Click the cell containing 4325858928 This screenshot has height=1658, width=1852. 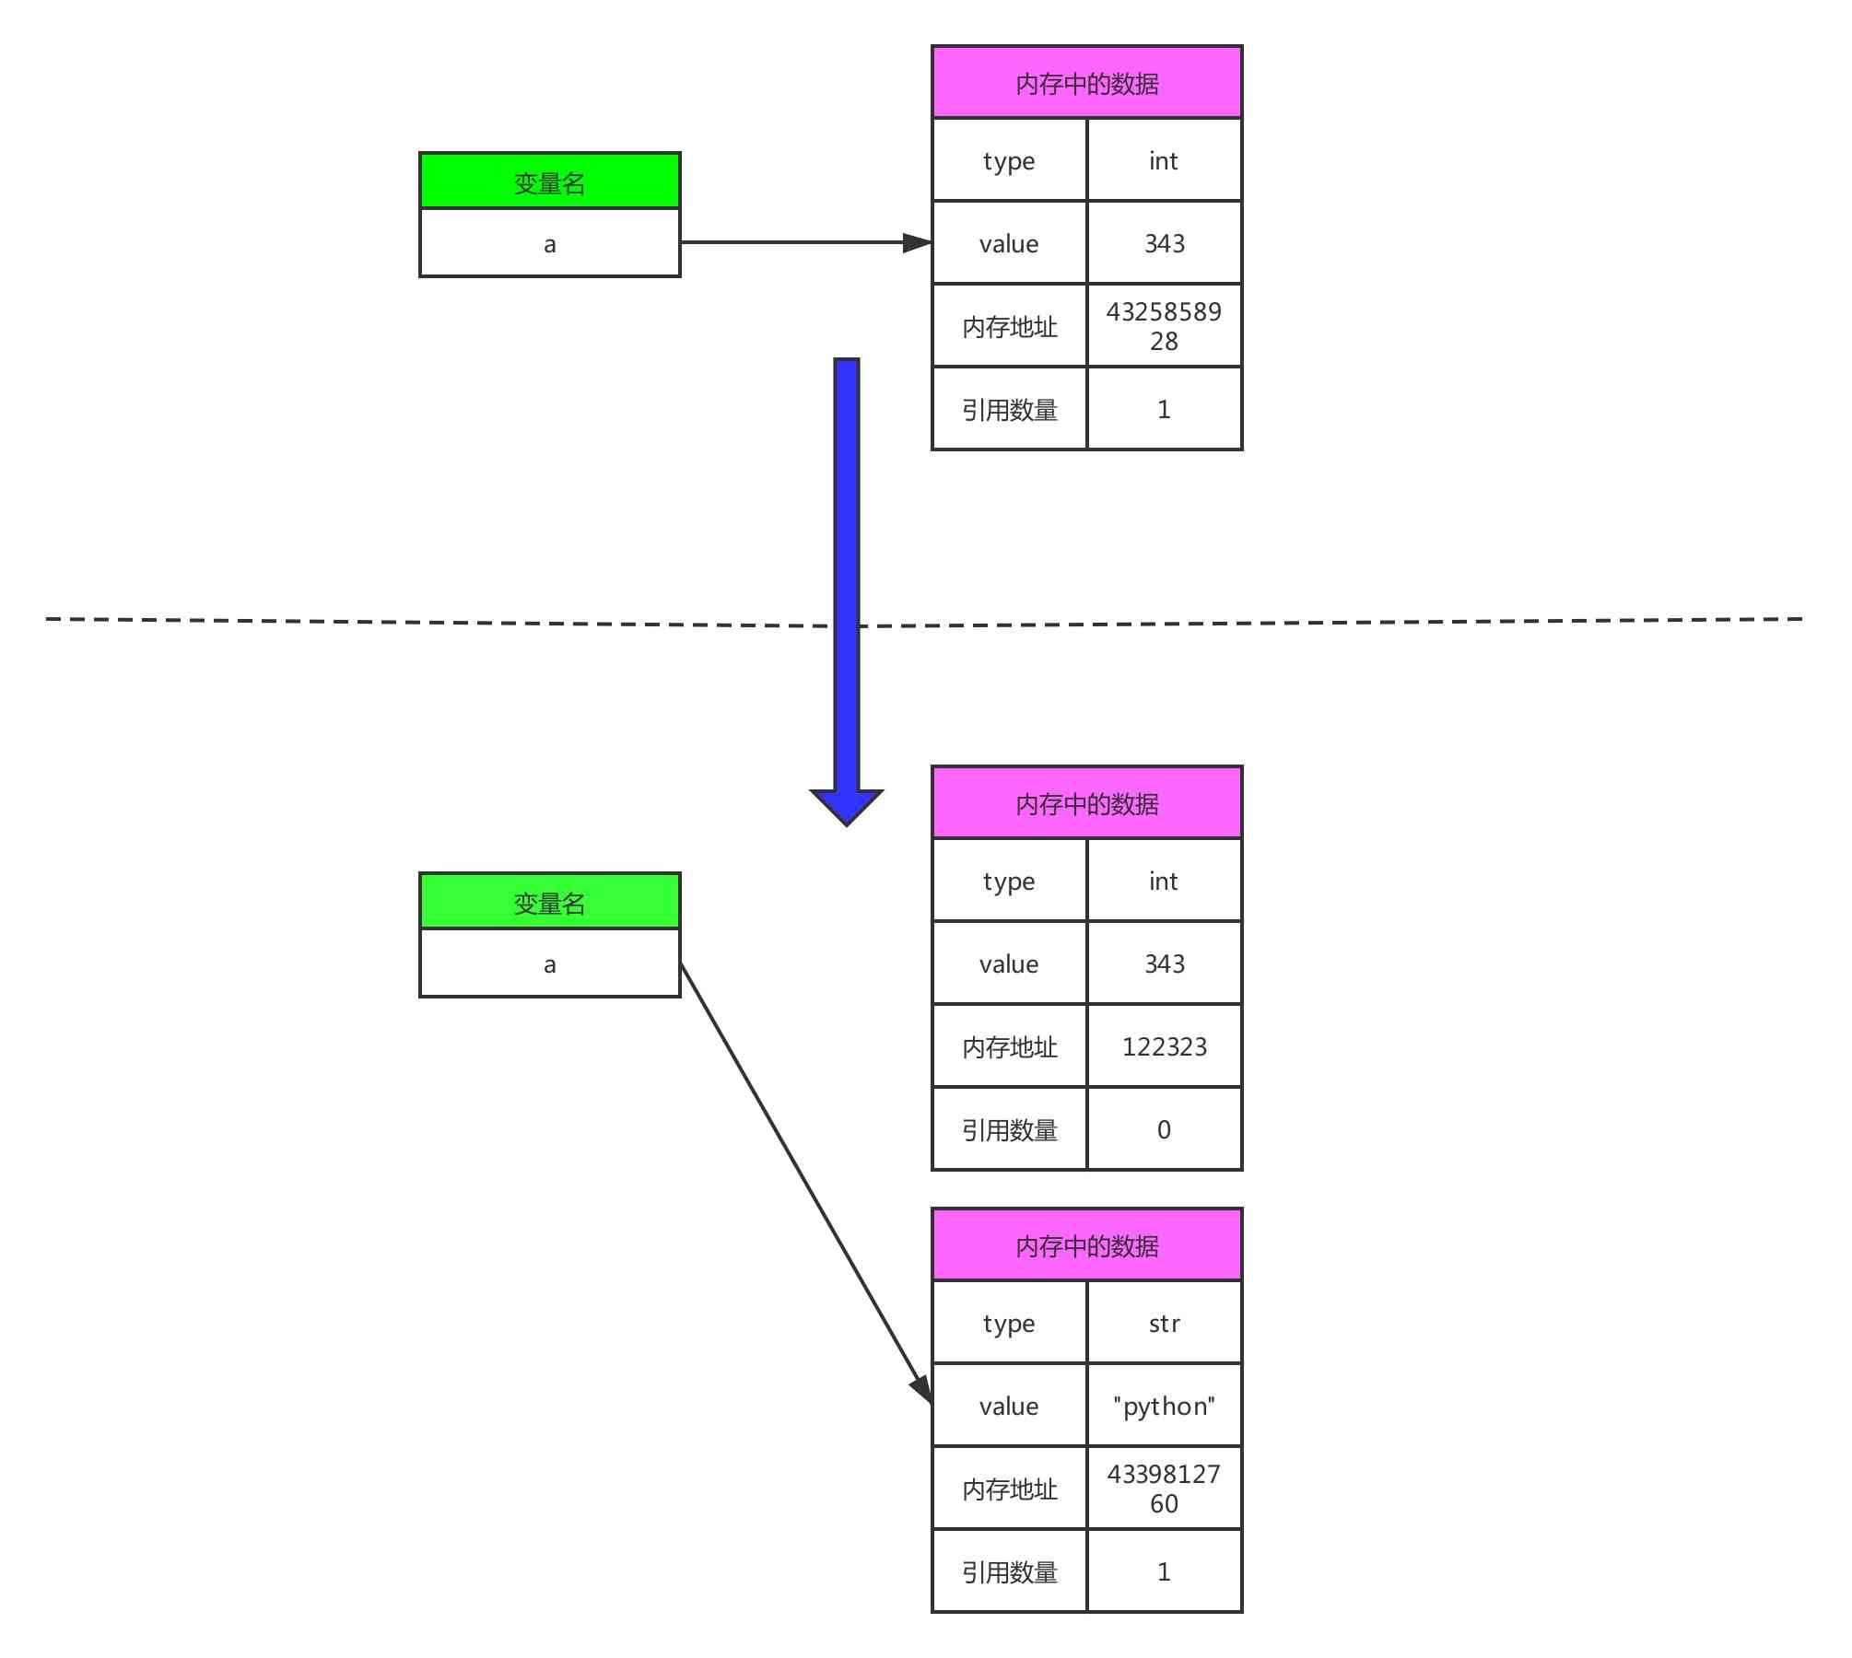(x=1164, y=325)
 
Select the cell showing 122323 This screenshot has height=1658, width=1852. (x=1164, y=1045)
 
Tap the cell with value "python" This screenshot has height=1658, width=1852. (x=1164, y=1405)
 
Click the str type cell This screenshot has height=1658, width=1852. (x=1164, y=1323)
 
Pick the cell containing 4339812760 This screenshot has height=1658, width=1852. (x=1164, y=1488)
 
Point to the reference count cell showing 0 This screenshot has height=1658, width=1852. (x=1164, y=1128)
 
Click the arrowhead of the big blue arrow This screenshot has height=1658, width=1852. (x=846, y=805)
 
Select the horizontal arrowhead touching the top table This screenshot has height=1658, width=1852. (x=917, y=242)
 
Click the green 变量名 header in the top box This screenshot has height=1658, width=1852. (x=549, y=181)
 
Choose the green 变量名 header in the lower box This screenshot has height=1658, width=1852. (x=549, y=902)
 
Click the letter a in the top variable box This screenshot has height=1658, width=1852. (x=549, y=244)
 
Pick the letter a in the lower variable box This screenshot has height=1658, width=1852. (x=549, y=964)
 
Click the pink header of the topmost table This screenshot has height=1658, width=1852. (x=1086, y=83)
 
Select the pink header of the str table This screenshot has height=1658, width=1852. (x=1086, y=1245)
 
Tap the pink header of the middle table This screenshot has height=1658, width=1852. (x=1086, y=803)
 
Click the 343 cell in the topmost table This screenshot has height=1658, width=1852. (x=1164, y=242)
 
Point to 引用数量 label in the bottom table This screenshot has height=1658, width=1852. (x=1009, y=1571)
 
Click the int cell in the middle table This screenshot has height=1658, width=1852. (x=1164, y=881)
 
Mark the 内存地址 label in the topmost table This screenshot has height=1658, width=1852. (x=1009, y=326)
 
